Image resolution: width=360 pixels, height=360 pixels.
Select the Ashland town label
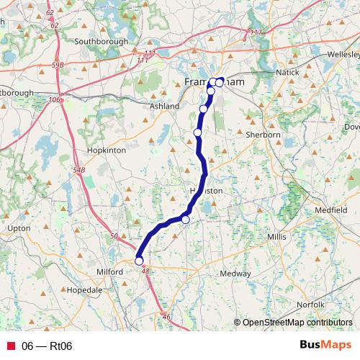pyautogui.click(x=164, y=107)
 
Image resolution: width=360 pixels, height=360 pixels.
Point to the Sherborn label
pyautogui.click(x=264, y=135)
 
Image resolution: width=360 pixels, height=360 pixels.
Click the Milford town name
pyautogui.click(x=111, y=271)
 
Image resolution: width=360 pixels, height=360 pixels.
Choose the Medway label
pyautogui.click(x=235, y=274)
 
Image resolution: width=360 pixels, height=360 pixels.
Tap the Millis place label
pyautogui.click(x=276, y=236)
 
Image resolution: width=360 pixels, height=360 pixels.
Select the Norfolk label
pyautogui.click(x=310, y=305)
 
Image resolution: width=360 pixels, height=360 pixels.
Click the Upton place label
pyautogui.click(x=18, y=228)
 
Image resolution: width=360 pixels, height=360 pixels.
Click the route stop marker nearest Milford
pyautogui.click(x=139, y=261)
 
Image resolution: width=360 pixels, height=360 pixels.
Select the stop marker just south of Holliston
pyautogui.click(x=185, y=220)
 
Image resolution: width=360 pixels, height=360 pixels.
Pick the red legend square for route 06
pyautogui.click(x=10, y=346)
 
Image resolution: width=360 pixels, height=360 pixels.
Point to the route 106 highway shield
pyautogui.click(x=55, y=100)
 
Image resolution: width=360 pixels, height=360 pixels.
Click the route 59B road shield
pyautogui.click(x=58, y=65)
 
